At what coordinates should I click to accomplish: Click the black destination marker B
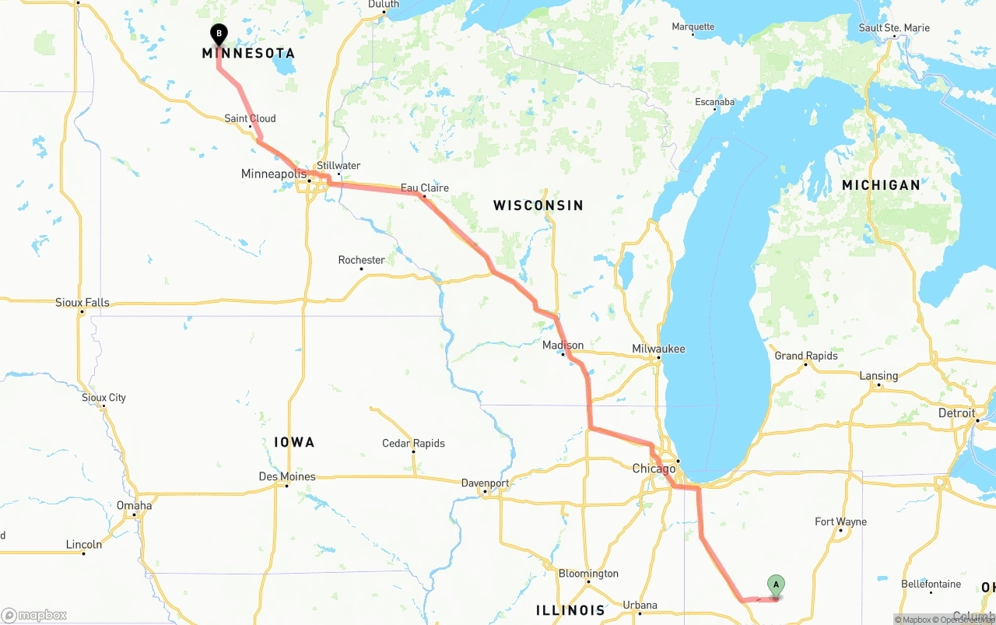point(219,34)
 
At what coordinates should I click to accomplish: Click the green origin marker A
point(776,585)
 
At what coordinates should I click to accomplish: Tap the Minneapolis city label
point(274,174)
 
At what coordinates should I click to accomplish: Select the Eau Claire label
point(424,188)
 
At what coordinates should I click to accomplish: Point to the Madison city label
point(563,345)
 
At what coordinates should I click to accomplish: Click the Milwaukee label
point(658,349)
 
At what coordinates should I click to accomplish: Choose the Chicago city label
point(654,469)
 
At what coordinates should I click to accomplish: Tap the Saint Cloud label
point(250,118)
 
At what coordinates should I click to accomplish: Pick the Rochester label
point(361,260)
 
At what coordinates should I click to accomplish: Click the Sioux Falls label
point(82,302)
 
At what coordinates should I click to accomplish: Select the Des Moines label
point(287,476)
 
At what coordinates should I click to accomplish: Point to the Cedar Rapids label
point(413,443)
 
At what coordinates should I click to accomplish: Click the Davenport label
point(485,483)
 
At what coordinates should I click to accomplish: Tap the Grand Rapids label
point(806,356)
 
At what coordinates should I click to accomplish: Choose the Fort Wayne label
point(840,521)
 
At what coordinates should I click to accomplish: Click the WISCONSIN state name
point(538,205)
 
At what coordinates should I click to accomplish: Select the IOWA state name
point(294,442)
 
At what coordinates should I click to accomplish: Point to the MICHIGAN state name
point(881,185)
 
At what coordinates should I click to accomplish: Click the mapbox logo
point(34,615)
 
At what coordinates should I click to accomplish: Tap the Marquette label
point(693,26)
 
